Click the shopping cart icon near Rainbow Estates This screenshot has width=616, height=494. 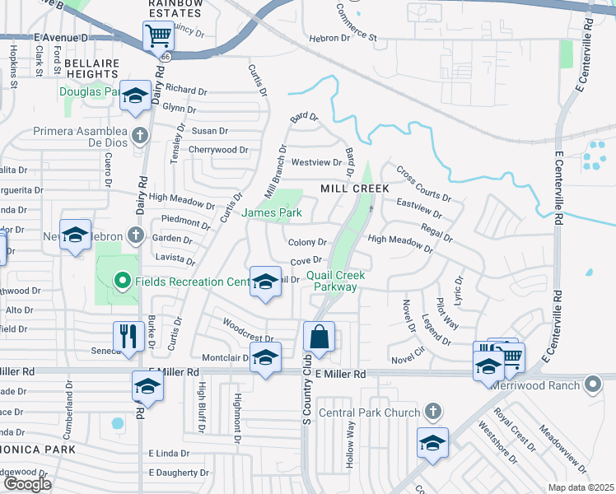tap(157, 35)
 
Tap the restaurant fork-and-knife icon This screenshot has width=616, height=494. tap(128, 337)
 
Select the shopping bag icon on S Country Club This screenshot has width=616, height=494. tap(319, 336)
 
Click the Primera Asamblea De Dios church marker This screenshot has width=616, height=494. tap(139, 135)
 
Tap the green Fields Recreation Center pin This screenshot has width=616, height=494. tap(123, 282)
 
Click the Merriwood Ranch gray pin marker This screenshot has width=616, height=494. tap(592, 384)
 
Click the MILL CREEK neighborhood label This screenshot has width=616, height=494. tap(354, 189)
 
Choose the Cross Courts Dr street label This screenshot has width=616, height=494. tap(423, 184)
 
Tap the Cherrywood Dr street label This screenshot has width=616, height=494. tap(218, 150)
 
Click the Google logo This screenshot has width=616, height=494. tap(28, 484)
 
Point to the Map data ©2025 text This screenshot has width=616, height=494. tap(581, 487)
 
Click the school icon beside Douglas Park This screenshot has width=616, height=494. tap(136, 96)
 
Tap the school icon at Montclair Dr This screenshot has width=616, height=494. tap(265, 358)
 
